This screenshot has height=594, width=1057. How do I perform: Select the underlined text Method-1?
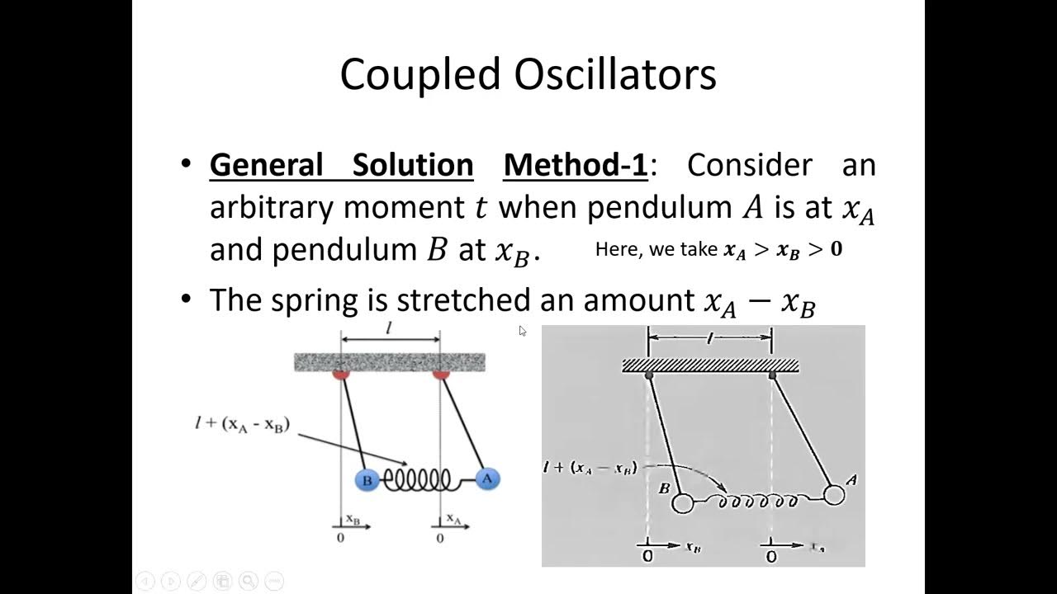point(576,165)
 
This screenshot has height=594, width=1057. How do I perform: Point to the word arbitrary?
point(272,207)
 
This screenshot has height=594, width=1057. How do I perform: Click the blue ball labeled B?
point(367,480)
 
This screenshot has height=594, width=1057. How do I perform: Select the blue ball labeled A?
point(487,478)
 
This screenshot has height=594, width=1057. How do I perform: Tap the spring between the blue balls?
point(423,479)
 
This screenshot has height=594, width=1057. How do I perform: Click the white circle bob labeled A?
point(834,495)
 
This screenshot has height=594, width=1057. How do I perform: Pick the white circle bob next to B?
point(683,502)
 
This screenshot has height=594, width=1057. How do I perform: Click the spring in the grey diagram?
point(758,500)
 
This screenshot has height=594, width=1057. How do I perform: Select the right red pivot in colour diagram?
point(441,375)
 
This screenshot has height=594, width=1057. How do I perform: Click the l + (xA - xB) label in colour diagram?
point(242,427)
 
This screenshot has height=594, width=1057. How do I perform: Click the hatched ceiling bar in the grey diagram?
point(710,365)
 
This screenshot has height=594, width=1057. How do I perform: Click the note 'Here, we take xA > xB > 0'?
point(718,250)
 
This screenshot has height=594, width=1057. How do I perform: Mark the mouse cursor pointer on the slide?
point(522,331)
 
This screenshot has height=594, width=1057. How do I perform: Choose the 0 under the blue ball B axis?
point(340,538)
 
